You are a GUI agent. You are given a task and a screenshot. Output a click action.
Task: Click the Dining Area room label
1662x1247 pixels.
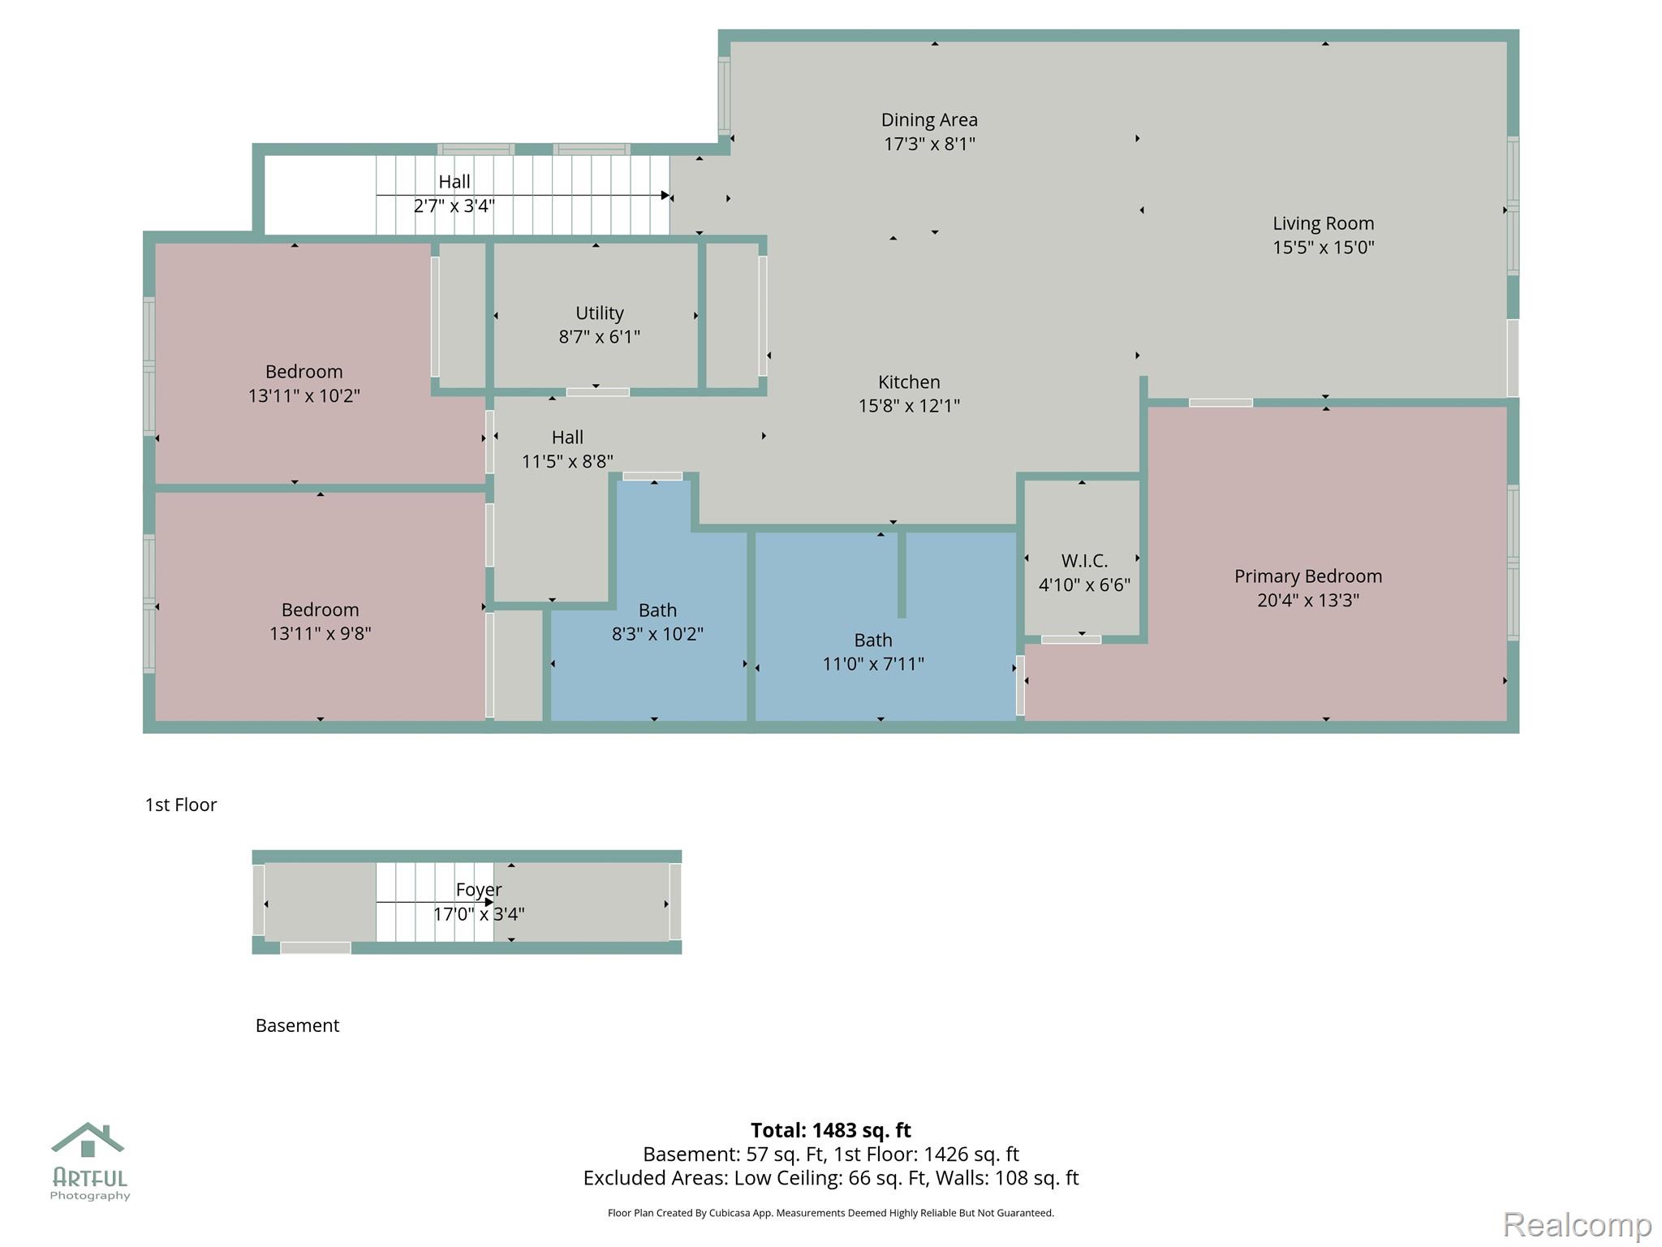tap(929, 120)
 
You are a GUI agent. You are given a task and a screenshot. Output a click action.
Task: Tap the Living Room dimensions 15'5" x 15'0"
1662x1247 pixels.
tap(1323, 248)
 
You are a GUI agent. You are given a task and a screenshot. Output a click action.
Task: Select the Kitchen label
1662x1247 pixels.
tap(909, 382)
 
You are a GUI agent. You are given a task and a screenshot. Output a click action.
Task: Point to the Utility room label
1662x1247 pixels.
tap(599, 313)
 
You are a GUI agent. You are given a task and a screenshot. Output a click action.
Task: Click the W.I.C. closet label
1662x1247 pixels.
tap(1084, 561)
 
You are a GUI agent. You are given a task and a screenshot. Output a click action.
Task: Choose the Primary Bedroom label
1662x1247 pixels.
tap(1308, 576)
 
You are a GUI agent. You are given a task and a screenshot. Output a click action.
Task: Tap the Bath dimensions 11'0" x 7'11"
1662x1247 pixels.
tap(873, 664)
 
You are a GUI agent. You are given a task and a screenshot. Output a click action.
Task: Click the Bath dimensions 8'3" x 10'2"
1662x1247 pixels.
tap(657, 634)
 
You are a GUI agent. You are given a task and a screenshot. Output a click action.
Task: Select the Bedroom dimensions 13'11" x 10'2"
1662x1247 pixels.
tap(304, 396)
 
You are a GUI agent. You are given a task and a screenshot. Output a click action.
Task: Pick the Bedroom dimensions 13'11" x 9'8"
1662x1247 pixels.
tap(320, 633)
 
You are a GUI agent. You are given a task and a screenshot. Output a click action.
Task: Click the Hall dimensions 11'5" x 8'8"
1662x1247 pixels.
tap(567, 462)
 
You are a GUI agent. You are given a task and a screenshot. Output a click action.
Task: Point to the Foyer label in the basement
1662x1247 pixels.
tap(479, 890)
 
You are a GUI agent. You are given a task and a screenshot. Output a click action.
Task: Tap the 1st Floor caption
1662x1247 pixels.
tap(181, 805)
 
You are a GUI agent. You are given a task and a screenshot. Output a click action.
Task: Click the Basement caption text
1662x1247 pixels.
tap(297, 1025)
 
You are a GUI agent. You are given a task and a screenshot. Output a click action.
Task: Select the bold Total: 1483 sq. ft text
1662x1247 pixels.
tap(830, 1130)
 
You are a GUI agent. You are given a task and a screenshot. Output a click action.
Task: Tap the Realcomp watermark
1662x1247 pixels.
tap(1577, 1224)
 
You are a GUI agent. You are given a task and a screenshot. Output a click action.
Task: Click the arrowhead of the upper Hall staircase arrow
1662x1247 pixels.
tap(665, 196)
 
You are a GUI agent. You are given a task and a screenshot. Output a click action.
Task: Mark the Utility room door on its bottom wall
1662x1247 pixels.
tap(597, 392)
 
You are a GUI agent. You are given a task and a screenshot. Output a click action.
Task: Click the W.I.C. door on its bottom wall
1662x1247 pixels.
tap(1071, 640)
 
